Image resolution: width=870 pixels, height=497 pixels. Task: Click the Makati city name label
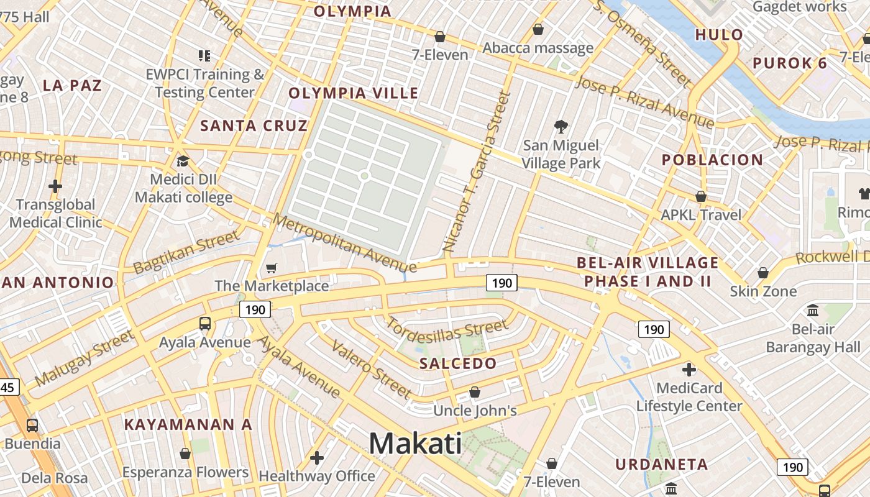coord(415,444)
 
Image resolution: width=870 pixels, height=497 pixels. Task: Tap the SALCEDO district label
coord(458,363)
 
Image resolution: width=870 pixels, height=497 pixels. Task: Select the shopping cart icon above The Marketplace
coord(271,268)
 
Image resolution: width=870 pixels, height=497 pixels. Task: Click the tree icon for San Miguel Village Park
coord(561,127)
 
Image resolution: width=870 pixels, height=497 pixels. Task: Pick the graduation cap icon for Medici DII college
coord(183,162)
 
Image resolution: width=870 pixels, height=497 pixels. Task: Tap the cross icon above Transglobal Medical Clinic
coord(55,186)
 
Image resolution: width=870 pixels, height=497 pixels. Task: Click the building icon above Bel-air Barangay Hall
coord(813,310)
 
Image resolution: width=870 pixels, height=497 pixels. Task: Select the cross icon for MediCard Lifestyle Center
coord(689,370)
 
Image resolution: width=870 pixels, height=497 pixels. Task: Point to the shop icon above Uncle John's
coord(475,392)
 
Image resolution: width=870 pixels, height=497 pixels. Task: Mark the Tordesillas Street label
coord(446,332)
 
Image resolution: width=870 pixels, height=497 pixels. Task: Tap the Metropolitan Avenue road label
coord(344,243)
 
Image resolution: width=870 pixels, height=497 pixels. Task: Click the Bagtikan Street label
coord(186,252)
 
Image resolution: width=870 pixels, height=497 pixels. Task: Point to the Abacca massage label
coord(538,48)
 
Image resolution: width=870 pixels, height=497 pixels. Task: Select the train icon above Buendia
coord(32,426)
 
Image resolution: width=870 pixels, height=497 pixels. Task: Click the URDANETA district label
coord(661,464)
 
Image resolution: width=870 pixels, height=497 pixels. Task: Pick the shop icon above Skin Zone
coord(762,273)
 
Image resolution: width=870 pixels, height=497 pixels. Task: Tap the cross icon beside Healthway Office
coord(317,458)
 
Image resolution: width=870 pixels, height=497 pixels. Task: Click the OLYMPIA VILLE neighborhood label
coord(353,93)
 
